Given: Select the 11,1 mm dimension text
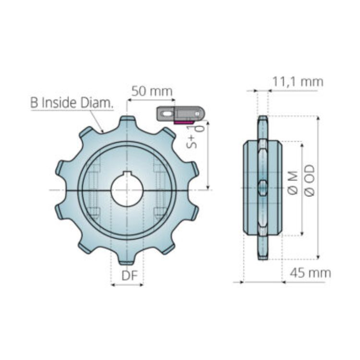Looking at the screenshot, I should (298, 82).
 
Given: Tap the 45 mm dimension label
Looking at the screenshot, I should (310, 273).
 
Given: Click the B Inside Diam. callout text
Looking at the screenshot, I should (72, 102).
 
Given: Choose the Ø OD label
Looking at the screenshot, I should (310, 180).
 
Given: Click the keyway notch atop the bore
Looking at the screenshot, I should (127, 174).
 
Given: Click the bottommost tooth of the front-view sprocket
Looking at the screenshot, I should (127, 261).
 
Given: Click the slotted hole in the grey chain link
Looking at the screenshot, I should (166, 114).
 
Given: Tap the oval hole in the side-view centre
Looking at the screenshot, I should (263, 188).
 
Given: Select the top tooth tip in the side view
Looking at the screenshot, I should (263, 118).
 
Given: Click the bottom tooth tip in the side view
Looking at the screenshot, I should (263, 257).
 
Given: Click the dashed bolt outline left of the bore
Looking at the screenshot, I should (94, 190).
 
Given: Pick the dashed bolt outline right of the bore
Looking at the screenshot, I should (160, 190).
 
